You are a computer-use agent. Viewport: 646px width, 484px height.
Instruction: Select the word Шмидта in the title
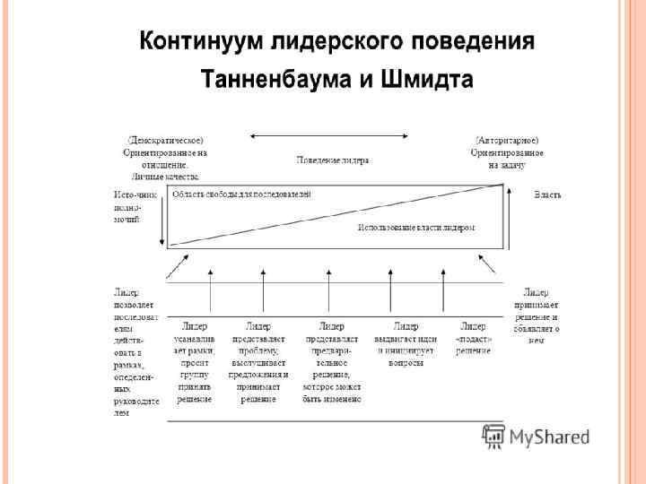click(427, 80)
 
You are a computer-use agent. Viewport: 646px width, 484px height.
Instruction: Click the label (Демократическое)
click(165, 140)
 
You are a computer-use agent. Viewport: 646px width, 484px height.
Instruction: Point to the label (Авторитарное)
click(507, 140)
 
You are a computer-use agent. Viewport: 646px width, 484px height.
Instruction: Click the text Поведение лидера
click(333, 160)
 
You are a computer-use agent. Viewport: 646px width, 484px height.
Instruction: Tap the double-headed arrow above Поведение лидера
click(329, 135)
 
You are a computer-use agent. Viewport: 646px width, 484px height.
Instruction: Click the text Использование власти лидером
click(416, 228)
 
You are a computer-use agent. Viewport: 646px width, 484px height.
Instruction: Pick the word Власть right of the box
click(547, 194)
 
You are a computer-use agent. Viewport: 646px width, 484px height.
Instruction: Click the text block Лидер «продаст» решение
click(473, 338)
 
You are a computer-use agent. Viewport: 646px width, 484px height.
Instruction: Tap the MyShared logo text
click(548, 437)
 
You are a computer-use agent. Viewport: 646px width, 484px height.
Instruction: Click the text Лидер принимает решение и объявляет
click(542, 315)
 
